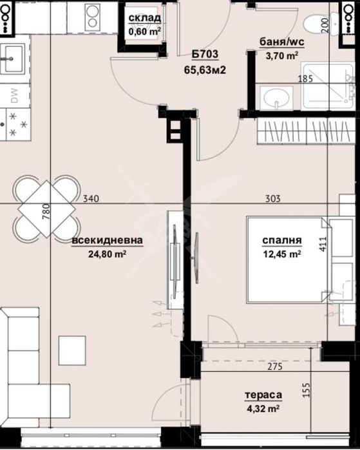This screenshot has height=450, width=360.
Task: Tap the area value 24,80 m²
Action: [107, 253]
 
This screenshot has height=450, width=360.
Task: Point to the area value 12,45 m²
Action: [282, 254]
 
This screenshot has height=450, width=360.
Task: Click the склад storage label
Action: [145, 17]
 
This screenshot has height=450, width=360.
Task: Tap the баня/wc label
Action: [281, 44]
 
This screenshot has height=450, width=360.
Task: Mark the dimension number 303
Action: [272, 199]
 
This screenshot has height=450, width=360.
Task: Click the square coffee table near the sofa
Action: [71, 350]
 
